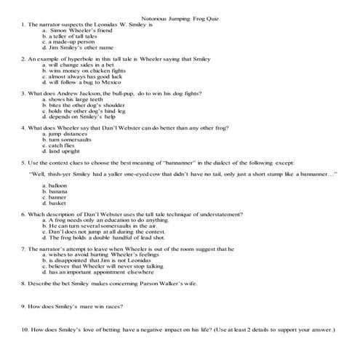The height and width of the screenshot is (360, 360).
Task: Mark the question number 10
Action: [x=25, y=330]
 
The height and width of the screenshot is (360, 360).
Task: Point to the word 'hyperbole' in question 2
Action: [x=76, y=59]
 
